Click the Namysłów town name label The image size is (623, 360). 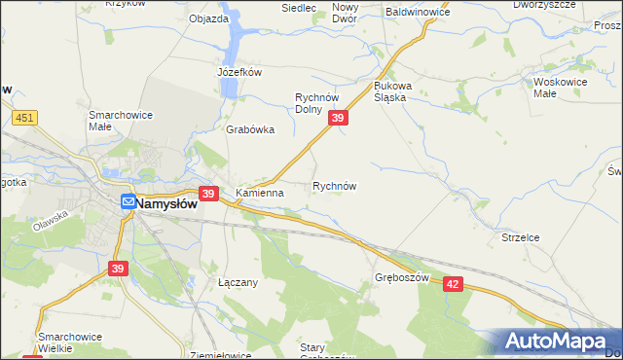coord(166,204)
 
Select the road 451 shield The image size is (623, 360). coord(26,118)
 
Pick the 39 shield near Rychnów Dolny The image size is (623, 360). coord(337,118)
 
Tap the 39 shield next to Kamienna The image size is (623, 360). coord(207,195)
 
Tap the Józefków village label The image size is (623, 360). coord(239,72)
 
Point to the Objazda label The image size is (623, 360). coord(208,18)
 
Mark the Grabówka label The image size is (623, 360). coord(250,129)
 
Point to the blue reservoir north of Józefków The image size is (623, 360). coord(235,44)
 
